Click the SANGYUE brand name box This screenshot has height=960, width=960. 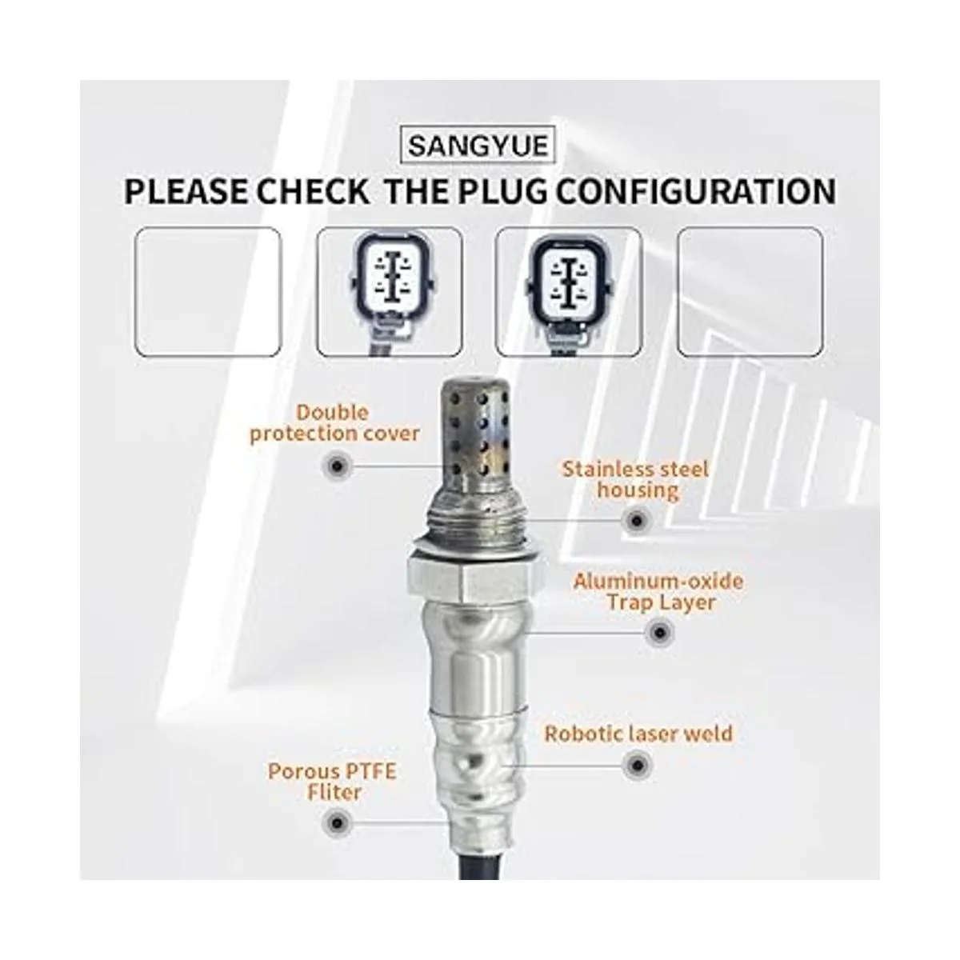[x=478, y=146]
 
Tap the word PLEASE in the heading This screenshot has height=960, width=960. [x=186, y=192]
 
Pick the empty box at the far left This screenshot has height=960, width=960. [x=208, y=292]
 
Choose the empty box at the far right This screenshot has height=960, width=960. [x=750, y=292]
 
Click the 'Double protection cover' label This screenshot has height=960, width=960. [x=334, y=423]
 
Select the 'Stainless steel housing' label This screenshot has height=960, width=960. [x=636, y=479]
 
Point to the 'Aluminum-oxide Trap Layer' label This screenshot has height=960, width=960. [x=658, y=591]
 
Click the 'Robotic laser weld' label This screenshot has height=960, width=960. [x=638, y=734]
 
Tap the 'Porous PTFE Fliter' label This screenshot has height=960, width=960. [x=332, y=782]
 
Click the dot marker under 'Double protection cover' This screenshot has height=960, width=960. [x=338, y=466]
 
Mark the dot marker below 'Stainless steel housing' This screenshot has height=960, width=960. [x=636, y=521]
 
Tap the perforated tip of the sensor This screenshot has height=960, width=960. [x=475, y=434]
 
